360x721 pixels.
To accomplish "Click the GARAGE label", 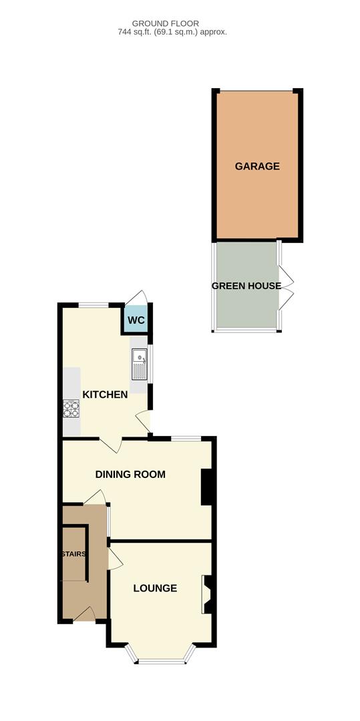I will click(x=256, y=166).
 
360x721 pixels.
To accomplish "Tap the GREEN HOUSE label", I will click(x=246, y=286).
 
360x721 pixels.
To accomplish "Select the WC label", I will click(x=136, y=320).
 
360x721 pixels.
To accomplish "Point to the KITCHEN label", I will click(x=105, y=395).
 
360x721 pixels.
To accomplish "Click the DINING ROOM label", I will click(x=130, y=475).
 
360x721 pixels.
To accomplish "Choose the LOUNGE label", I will click(x=155, y=588).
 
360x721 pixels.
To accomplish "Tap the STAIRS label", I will click(x=74, y=554).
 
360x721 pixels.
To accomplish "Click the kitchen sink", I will click(x=139, y=365).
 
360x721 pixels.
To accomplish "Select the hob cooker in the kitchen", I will click(x=71, y=408).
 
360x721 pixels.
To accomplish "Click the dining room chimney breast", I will click(x=207, y=487).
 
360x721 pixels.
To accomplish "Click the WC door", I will click(x=138, y=298).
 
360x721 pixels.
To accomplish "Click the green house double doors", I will click(x=286, y=287).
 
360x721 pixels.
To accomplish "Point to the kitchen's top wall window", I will click(x=94, y=305).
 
